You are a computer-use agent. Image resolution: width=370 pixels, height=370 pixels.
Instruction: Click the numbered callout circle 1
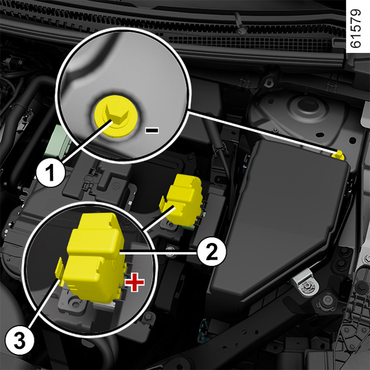pos(51,173)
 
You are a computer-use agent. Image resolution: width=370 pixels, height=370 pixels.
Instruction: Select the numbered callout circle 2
pos(212,252)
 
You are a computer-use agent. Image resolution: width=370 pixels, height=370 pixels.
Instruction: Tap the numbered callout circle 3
pos(20,341)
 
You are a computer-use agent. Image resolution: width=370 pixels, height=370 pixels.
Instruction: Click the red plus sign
pos(134,282)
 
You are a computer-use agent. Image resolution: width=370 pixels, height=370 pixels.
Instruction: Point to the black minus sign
pos(152,130)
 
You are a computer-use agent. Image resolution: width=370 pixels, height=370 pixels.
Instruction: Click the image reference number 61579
pos(355,28)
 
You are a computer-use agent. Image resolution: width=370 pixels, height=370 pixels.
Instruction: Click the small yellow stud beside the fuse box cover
pos(339,155)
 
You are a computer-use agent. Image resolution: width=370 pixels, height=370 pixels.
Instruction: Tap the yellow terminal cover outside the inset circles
pos(181,200)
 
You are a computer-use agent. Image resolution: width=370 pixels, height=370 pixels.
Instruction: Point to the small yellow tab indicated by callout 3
pos(59,271)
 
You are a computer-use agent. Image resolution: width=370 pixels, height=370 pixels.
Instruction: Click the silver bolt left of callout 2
pos(170,251)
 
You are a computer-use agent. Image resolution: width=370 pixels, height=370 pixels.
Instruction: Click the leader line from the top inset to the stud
pos(263,132)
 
